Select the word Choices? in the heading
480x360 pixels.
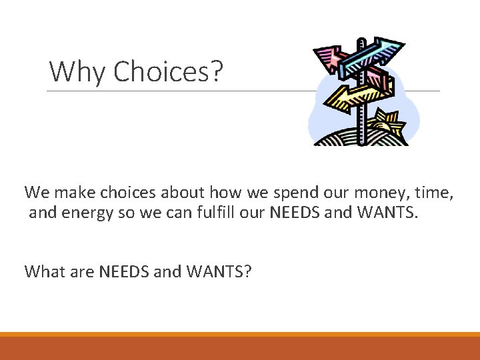pos(167,71)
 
